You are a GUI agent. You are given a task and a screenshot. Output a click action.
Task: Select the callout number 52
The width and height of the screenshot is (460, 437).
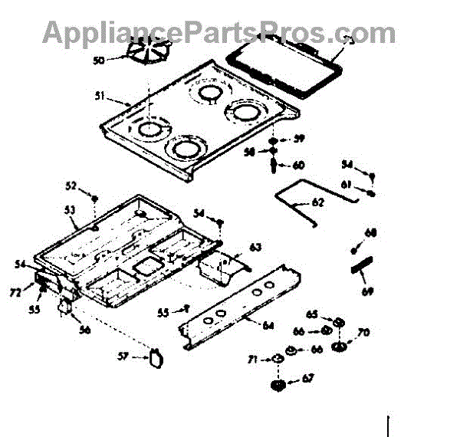click(71, 186)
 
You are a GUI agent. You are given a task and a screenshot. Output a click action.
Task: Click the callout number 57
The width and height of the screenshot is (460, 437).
click(123, 356)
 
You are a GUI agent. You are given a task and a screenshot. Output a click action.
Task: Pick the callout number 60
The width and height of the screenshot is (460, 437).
click(298, 165)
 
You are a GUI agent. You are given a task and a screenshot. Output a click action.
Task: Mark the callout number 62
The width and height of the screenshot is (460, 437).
click(318, 202)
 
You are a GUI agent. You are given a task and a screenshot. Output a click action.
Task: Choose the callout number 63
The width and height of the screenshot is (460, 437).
click(255, 247)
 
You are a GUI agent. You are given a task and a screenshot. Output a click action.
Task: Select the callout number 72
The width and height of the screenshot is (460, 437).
click(15, 294)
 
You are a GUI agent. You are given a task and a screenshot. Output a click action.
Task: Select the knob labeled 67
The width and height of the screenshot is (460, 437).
click(280, 383)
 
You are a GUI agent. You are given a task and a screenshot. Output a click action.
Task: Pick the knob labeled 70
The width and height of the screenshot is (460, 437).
click(338, 349)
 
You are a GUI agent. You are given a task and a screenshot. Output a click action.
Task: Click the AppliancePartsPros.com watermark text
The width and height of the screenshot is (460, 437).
click(219, 31)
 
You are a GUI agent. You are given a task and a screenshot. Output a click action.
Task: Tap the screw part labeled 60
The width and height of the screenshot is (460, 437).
click(274, 165)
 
